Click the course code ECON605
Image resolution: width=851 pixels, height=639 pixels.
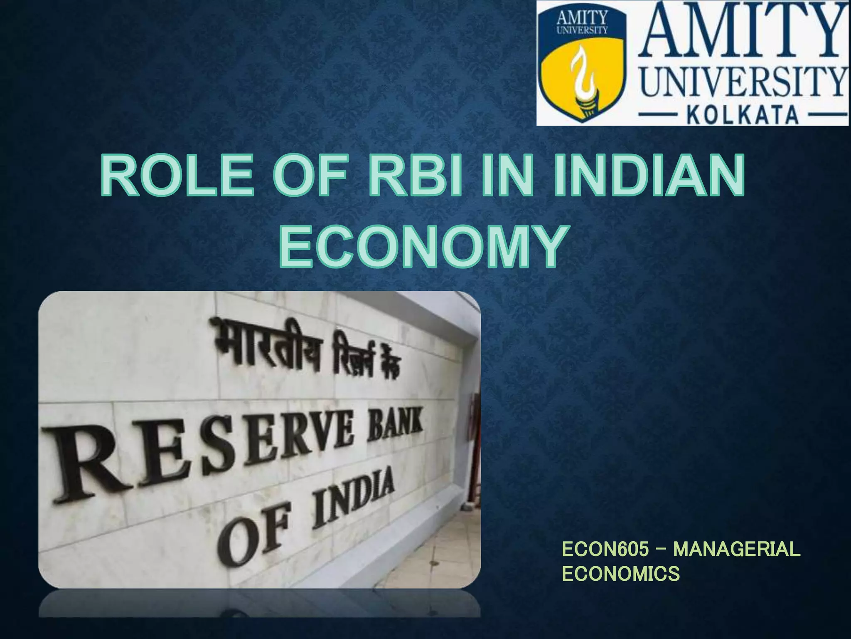point(605,550)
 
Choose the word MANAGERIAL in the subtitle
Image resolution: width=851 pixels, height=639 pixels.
point(736,550)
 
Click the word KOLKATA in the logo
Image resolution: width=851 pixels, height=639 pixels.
point(743,114)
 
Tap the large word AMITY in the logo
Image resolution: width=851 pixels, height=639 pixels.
point(744,35)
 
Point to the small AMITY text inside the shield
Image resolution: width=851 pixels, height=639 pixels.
point(582,18)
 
